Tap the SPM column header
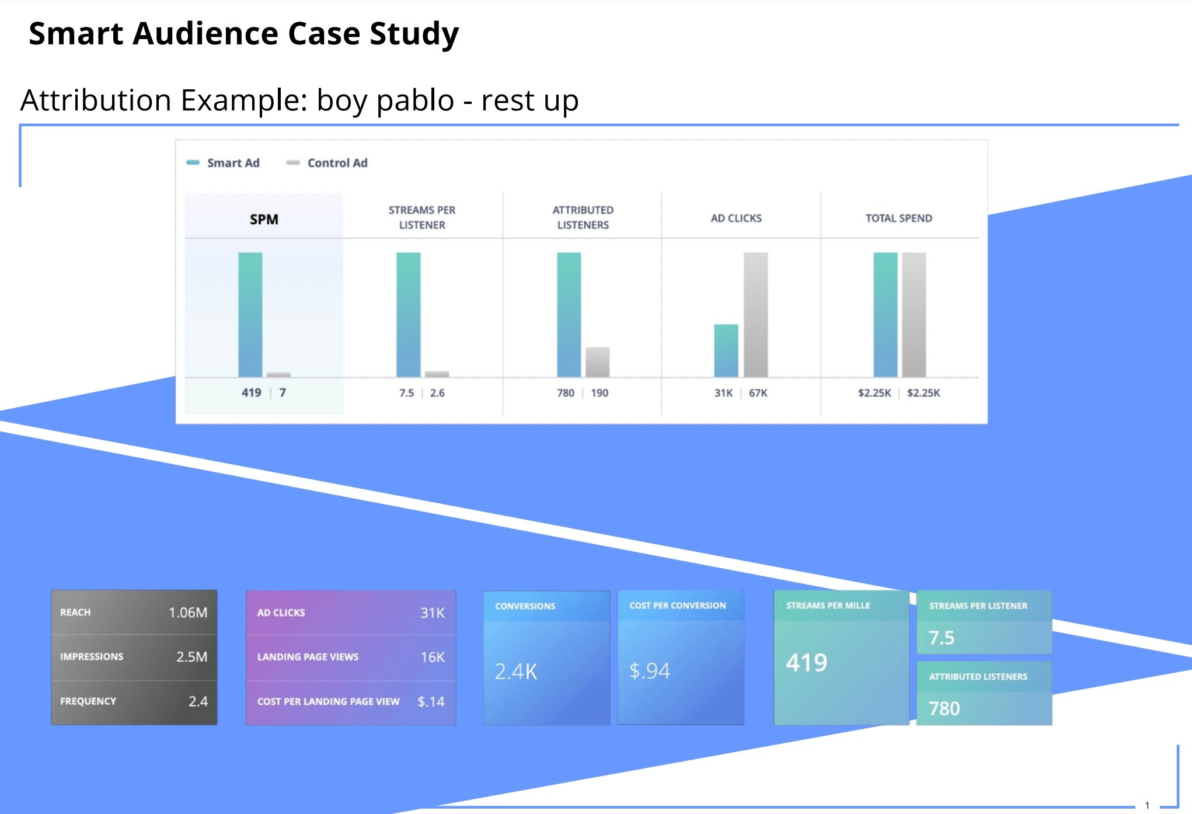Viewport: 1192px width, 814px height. point(264,220)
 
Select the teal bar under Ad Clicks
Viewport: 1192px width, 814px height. point(726,350)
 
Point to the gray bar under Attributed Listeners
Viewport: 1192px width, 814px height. point(597,362)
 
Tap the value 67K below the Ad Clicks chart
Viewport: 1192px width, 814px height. point(758,393)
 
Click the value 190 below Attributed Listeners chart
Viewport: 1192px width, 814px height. point(600,393)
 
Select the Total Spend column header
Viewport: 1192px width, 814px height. point(898,218)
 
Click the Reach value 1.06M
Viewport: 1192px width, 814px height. point(188,613)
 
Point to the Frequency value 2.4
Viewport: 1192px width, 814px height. point(198,701)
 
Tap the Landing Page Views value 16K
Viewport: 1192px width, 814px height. point(433,658)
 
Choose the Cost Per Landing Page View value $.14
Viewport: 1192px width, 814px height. point(431,701)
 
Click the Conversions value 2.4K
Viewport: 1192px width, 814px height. point(515,672)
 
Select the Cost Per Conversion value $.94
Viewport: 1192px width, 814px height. point(649,671)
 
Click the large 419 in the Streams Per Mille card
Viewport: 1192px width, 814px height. point(806,663)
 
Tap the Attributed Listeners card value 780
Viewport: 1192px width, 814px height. point(944,708)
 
